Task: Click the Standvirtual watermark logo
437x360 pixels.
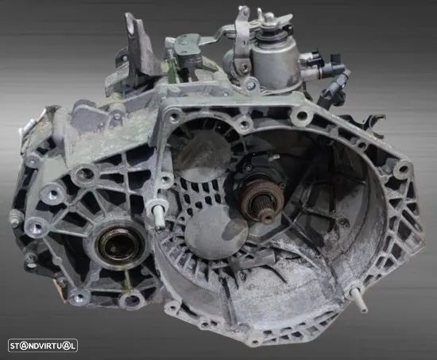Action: (x=43, y=346)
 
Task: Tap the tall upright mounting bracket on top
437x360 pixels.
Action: (x=139, y=48)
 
